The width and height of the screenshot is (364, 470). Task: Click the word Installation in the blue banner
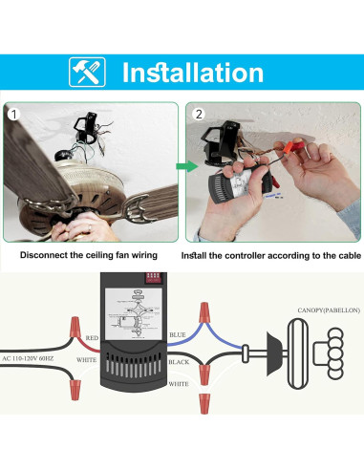tap(192, 73)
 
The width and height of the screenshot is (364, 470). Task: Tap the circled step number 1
tap(14, 114)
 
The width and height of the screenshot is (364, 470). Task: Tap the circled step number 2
tap(197, 114)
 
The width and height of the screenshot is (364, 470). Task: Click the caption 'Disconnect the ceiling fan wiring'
tap(91, 256)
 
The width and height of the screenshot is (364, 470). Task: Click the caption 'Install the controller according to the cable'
tap(269, 256)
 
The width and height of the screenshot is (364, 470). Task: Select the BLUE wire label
tap(178, 334)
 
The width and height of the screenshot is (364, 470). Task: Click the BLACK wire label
tap(180, 363)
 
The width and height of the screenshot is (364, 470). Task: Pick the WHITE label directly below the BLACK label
tap(179, 383)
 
